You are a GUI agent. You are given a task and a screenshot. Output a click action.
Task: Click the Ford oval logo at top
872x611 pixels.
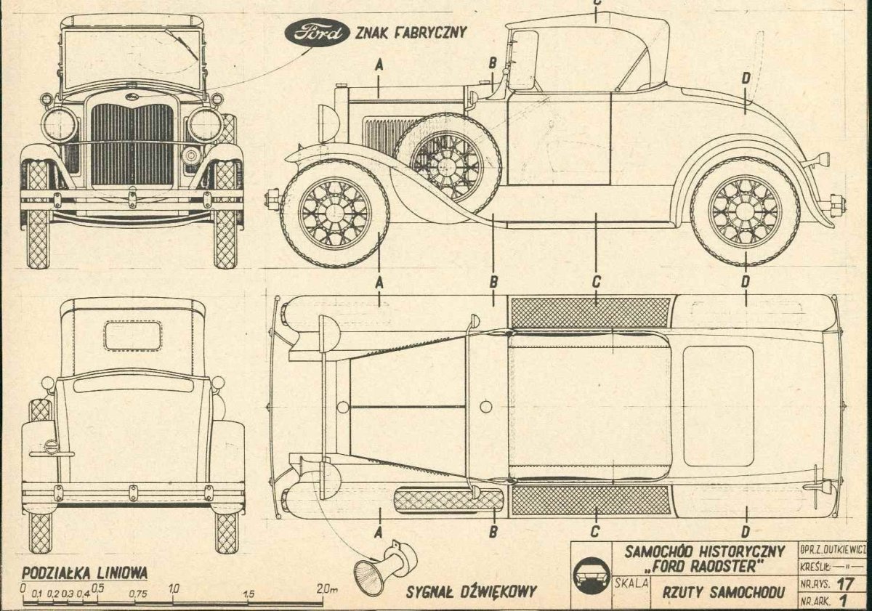pos(316,33)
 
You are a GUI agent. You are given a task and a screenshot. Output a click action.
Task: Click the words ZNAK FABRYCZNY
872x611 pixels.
pos(410,32)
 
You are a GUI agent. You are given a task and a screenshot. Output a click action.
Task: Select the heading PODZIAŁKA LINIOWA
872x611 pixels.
pos(85,572)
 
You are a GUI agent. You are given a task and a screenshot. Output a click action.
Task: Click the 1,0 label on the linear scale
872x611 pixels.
pos(174,589)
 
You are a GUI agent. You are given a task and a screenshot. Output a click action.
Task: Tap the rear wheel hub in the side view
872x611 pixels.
pos(744,211)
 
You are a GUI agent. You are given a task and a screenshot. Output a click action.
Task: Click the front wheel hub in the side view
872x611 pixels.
pos(335,213)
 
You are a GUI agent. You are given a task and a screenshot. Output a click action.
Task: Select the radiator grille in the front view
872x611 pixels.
pos(132,144)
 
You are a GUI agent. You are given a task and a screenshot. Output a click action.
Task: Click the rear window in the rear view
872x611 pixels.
pos(132,336)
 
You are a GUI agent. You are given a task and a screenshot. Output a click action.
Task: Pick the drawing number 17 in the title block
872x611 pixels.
pos(844,583)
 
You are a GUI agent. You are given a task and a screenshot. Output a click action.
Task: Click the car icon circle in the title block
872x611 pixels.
pos(592,575)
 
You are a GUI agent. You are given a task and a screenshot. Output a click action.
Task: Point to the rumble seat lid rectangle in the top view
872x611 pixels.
pos(718,405)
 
